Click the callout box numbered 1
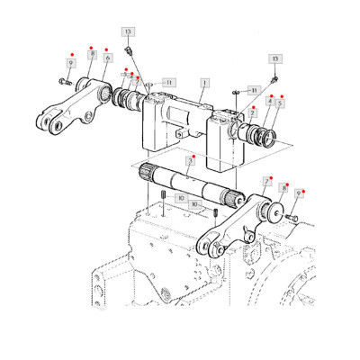point(204,82)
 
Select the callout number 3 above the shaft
point(189,163)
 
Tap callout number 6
point(107,58)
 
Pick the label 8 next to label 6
point(91,55)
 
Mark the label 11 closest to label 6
point(169,82)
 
